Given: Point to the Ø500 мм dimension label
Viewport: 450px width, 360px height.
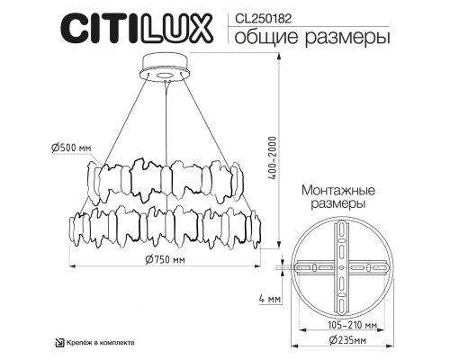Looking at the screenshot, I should tap(73, 149).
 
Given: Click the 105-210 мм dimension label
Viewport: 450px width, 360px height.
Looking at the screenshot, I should tap(341, 325).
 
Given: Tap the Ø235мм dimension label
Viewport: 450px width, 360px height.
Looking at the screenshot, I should tap(341, 341).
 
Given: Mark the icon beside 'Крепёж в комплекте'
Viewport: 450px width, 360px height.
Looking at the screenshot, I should tap(59, 343).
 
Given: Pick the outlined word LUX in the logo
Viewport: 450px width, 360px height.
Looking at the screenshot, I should tap(180, 27).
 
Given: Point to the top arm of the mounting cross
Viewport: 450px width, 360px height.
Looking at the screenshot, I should tap(341, 238).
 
